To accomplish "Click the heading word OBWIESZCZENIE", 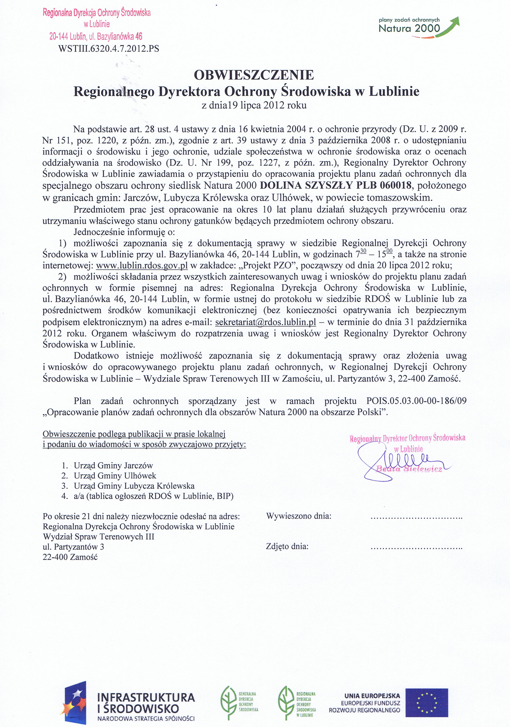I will pyautogui.click(x=254, y=75).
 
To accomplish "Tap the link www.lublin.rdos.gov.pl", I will pyautogui.click(x=142, y=265).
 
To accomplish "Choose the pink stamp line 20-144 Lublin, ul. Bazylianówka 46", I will pyautogui.click(x=96, y=37).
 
